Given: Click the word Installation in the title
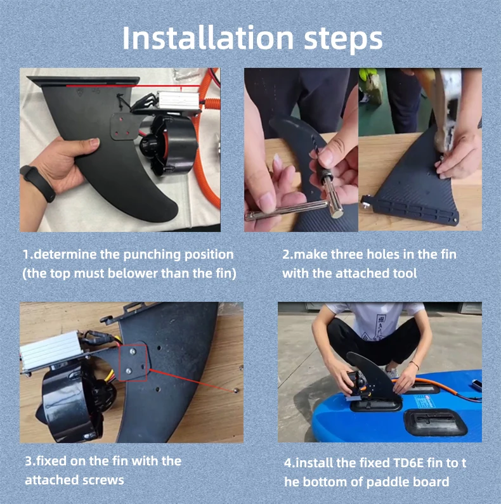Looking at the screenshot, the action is click(208, 38).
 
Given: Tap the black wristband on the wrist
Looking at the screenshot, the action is click(39, 183).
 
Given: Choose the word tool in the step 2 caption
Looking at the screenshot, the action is click(405, 273).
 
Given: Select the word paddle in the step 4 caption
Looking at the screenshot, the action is click(386, 482).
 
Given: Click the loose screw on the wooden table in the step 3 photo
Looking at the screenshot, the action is click(236, 391).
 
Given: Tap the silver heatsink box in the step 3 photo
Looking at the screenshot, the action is click(51, 351).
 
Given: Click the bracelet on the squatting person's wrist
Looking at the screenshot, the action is click(415, 365).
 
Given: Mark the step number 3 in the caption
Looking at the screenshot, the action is click(29, 462).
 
